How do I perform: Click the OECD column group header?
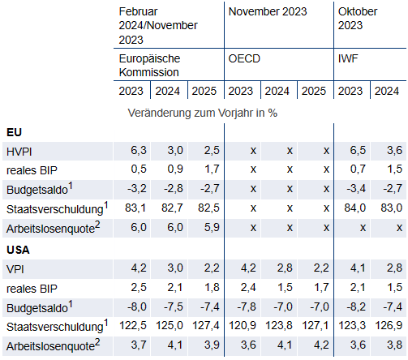(244, 58)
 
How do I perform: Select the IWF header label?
(348, 58)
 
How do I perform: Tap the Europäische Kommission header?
(149, 66)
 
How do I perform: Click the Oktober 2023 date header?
(358, 19)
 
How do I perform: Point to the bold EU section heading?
(14, 132)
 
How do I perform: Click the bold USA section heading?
(18, 250)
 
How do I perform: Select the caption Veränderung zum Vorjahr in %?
(203, 113)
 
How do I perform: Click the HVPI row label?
(19, 152)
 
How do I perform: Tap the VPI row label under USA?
(15, 269)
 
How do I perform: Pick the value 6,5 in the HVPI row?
(358, 150)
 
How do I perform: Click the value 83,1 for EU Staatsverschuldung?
(135, 208)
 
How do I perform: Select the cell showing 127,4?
(206, 325)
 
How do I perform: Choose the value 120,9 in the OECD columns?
(243, 325)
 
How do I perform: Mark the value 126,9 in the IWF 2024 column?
(389, 325)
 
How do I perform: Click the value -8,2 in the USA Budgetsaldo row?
(356, 306)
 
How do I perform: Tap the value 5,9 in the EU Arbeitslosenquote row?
(212, 227)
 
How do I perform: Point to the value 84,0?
(354, 208)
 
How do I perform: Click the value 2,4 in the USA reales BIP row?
(248, 287)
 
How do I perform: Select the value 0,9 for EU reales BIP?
(175, 169)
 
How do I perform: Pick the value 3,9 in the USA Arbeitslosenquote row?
(212, 345)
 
